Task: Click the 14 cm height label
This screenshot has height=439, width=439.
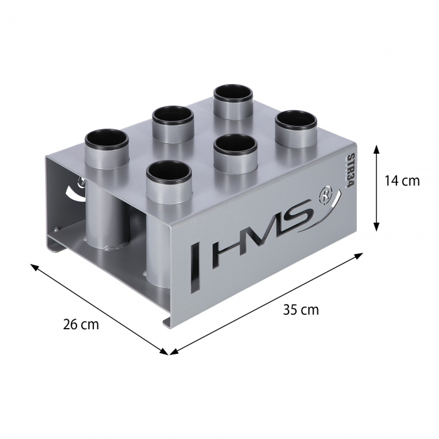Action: click(402, 182)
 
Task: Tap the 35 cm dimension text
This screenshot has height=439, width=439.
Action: click(300, 310)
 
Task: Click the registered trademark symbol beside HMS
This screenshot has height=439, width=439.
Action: click(325, 195)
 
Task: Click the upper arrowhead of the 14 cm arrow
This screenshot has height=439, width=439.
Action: click(376, 149)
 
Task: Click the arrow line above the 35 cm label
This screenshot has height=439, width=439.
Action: click(267, 303)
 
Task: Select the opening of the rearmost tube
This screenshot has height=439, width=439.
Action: click(233, 93)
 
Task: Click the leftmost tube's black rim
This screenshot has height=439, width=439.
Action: click(107, 139)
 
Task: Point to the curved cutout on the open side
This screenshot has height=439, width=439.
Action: click(75, 189)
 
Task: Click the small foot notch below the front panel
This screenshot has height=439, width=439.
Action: click(168, 322)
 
